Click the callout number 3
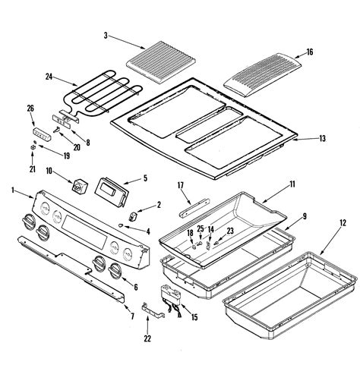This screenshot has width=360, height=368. coord(107,35)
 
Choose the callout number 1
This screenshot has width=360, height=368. coord(12,190)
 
